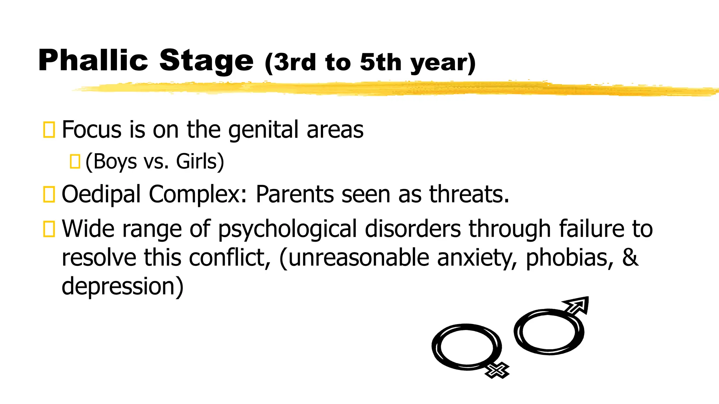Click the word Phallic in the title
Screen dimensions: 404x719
pyautogui.click(x=93, y=60)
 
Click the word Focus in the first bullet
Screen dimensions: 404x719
pyautogui.click(x=92, y=129)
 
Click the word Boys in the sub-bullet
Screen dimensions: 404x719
pyautogui.click(x=115, y=162)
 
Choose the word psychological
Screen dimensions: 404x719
pyautogui.click(x=288, y=230)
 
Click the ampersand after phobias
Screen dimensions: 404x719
pyautogui.click(x=630, y=257)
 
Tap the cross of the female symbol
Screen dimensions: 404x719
pyautogui.click(x=496, y=370)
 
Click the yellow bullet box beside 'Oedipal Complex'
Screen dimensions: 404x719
pyautogui.click(x=49, y=195)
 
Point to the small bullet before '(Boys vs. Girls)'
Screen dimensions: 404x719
pyautogui.click(x=75, y=162)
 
